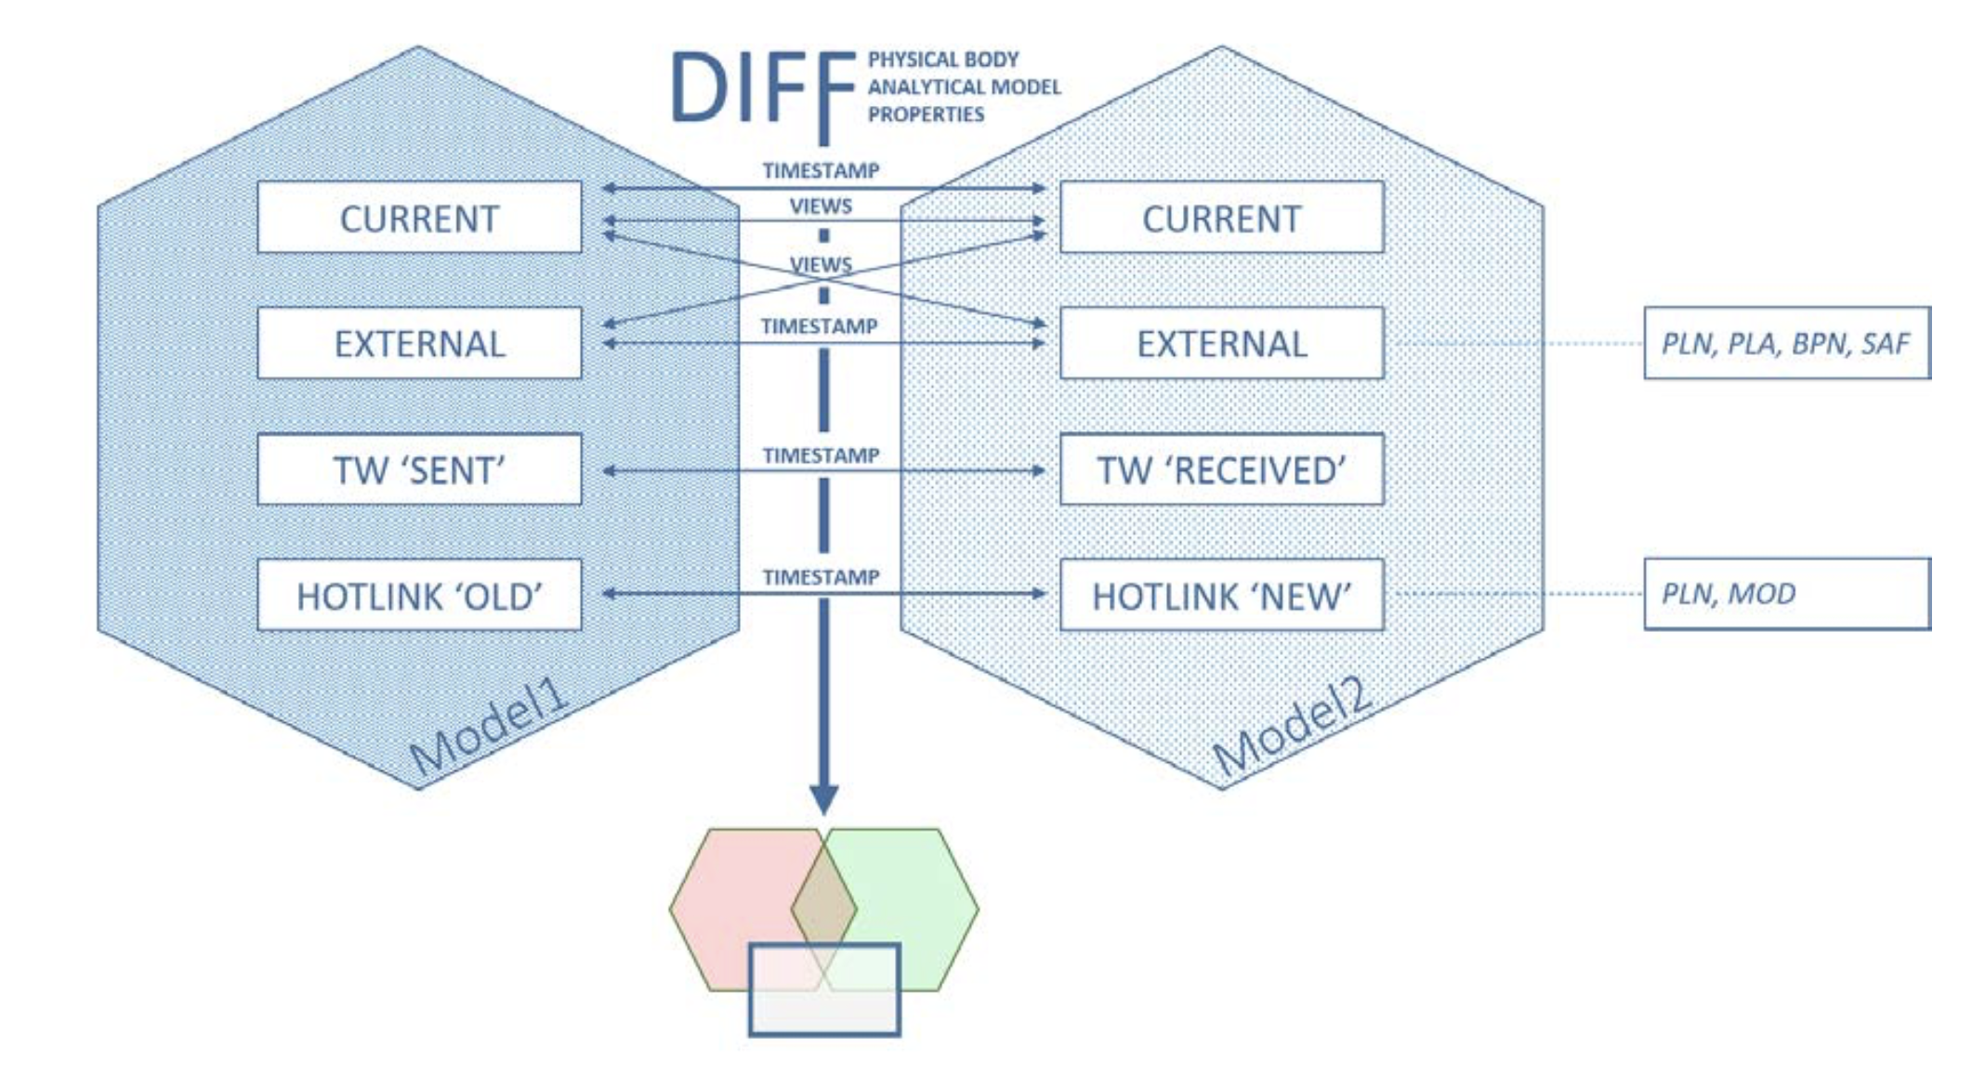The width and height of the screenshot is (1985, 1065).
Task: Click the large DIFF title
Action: tap(762, 88)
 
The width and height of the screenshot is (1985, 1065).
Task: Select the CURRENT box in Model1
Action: tap(419, 218)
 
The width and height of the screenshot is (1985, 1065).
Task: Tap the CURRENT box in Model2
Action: tap(1221, 218)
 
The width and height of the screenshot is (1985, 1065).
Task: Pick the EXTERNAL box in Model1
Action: tap(419, 344)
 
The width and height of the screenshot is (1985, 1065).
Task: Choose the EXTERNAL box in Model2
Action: tap(1221, 344)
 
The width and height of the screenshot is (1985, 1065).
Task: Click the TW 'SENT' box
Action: tap(419, 469)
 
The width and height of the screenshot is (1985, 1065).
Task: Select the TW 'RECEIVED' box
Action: tap(1221, 469)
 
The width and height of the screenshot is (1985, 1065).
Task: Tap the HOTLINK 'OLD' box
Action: tap(419, 596)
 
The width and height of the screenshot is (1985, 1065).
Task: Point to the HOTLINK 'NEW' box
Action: tap(1221, 596)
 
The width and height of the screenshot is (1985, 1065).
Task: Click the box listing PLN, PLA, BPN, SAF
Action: tap(1786, 343)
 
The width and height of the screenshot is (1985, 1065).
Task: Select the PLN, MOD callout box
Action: tap(1786, 594)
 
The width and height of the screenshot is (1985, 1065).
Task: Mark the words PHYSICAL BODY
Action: tap(943, 59)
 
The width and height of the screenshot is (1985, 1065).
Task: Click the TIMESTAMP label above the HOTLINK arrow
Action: tap(821, 577)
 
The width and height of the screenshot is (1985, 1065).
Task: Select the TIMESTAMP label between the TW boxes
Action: tap(821, 455)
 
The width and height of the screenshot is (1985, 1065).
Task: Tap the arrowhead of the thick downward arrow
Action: tap(823, 799)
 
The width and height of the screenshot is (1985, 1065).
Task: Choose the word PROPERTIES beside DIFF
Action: tap(926, 114)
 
